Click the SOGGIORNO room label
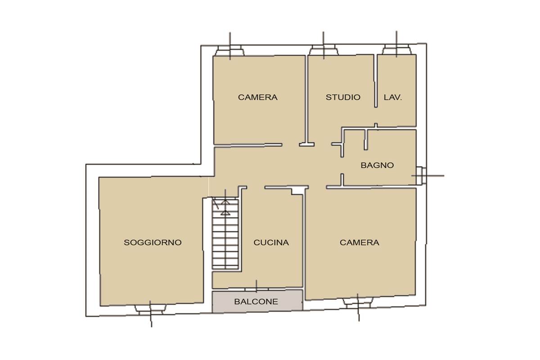[153, 243]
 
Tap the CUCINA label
[271, 243]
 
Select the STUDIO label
[343, 97]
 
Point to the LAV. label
[393, 97]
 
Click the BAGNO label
[377, 165]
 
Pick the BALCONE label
[256, 301]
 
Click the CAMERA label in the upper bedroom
[258, 97]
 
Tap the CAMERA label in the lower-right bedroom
[360, 243]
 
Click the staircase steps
[225, 234]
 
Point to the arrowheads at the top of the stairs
[225, 207]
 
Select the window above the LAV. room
[396, 49]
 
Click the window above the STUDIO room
[324, 50]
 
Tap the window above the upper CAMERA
[230, 51]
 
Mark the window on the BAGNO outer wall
[421, 175]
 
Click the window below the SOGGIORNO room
[150, 310]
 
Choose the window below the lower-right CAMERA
[358, 303]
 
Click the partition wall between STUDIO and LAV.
[376, 81]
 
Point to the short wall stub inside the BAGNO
[366, 140]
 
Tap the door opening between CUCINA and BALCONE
[257, 289]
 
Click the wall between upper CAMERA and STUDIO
[306, 99]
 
